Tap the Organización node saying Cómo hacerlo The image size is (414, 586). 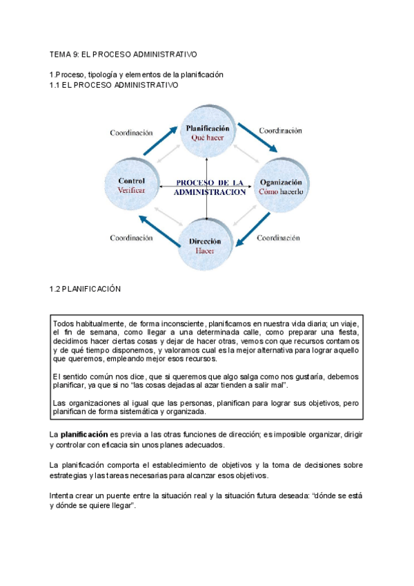(x=281, y=185)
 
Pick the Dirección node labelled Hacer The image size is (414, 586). (x=205, y=245)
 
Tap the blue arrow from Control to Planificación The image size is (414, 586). (x=158, y=141)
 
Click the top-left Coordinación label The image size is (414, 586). (x=131, y=133)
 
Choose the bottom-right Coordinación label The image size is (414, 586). (x=278, y=237)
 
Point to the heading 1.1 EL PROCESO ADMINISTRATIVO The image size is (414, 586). (x=114, y=84)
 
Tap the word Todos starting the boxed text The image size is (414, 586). (x=64, y=323)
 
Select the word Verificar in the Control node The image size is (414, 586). (x=131, y=190)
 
